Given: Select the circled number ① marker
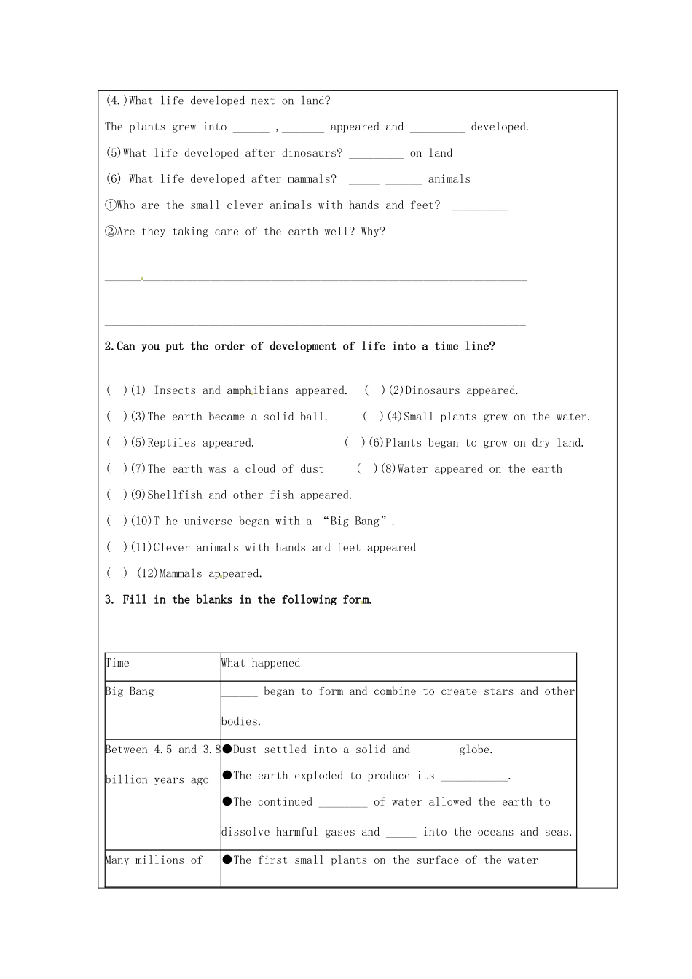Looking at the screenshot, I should tap(111, 205).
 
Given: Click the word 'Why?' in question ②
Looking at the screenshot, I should tap(373, 232).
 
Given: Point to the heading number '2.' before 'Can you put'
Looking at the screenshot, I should tap(110, 347).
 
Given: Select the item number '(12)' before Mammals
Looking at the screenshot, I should tap(147, 574).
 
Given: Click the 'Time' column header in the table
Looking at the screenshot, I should tap(117, 663).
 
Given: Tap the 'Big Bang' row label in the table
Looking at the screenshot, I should tap(130, 691).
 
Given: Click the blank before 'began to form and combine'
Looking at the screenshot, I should tap(240, 693).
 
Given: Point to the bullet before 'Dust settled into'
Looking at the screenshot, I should tap(227, 750).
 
